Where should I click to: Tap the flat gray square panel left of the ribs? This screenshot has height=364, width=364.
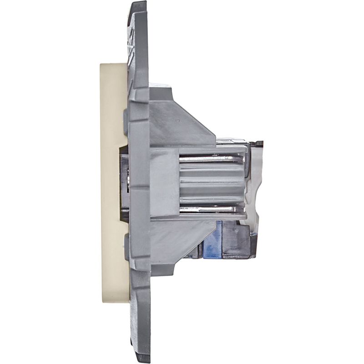coord(164,182)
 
